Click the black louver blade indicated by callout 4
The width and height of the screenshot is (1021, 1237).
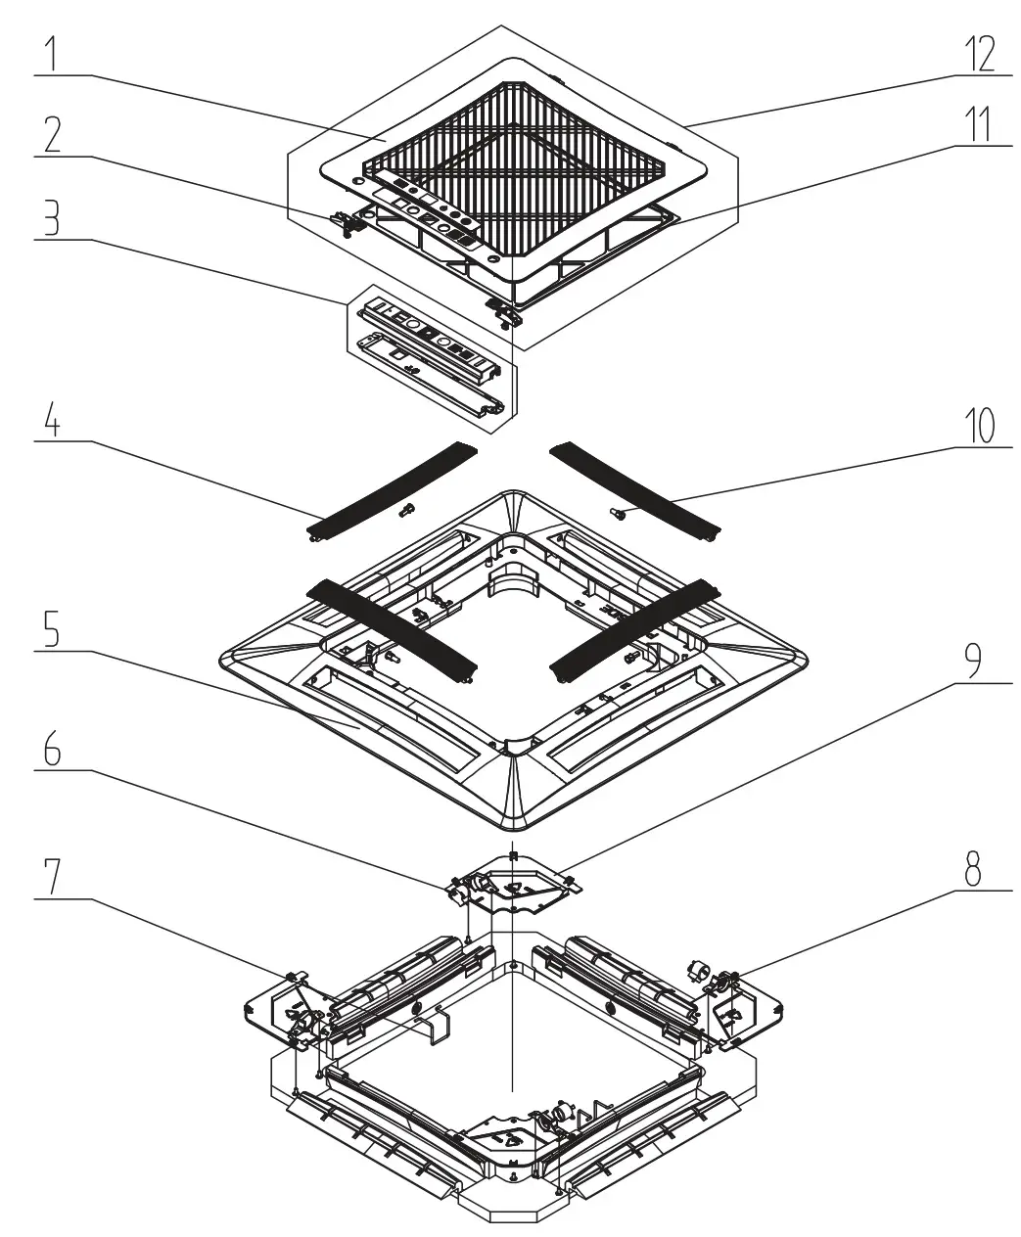(392, 489)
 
